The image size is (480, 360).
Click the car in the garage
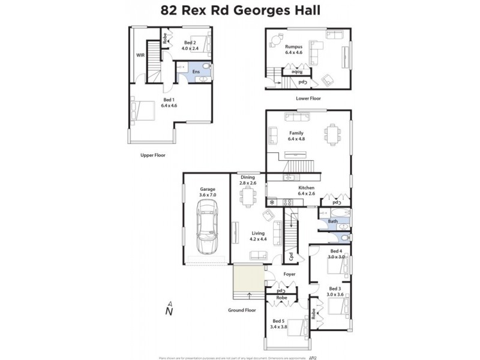tap(206, 226)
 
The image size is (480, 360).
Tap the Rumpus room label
tap(292, 46)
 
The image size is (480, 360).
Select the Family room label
tap(296, 133)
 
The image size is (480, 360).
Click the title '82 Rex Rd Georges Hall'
tap(240, 10)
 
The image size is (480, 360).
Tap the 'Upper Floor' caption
tap(152, 155)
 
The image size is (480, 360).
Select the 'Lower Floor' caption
tap(308, 98)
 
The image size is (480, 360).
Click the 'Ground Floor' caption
tap(242, 310)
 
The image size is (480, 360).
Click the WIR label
tap(140, 55)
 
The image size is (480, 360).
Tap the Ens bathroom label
tap(196, 72)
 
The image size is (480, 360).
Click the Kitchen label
tap(306, 187)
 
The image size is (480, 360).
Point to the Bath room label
tap(332, 221)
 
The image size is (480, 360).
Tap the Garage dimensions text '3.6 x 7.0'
tap(208, 195)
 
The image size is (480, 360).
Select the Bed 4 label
tap(336, 251)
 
